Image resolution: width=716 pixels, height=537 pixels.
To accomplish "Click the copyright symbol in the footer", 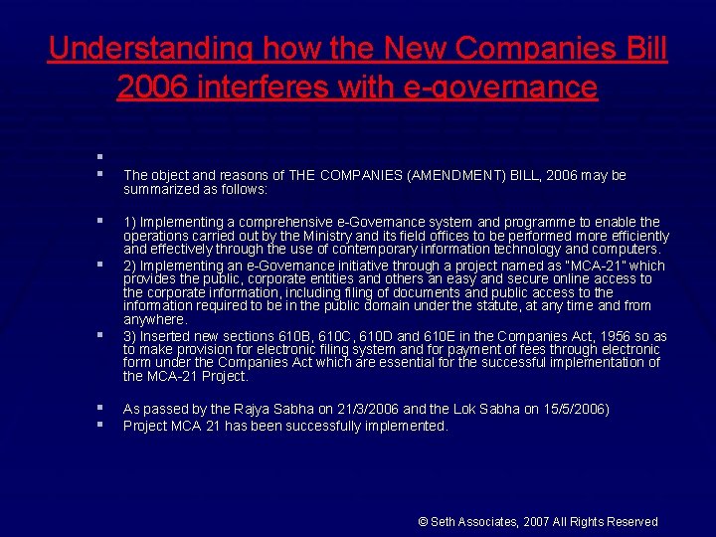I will click(x=423, y=522).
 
